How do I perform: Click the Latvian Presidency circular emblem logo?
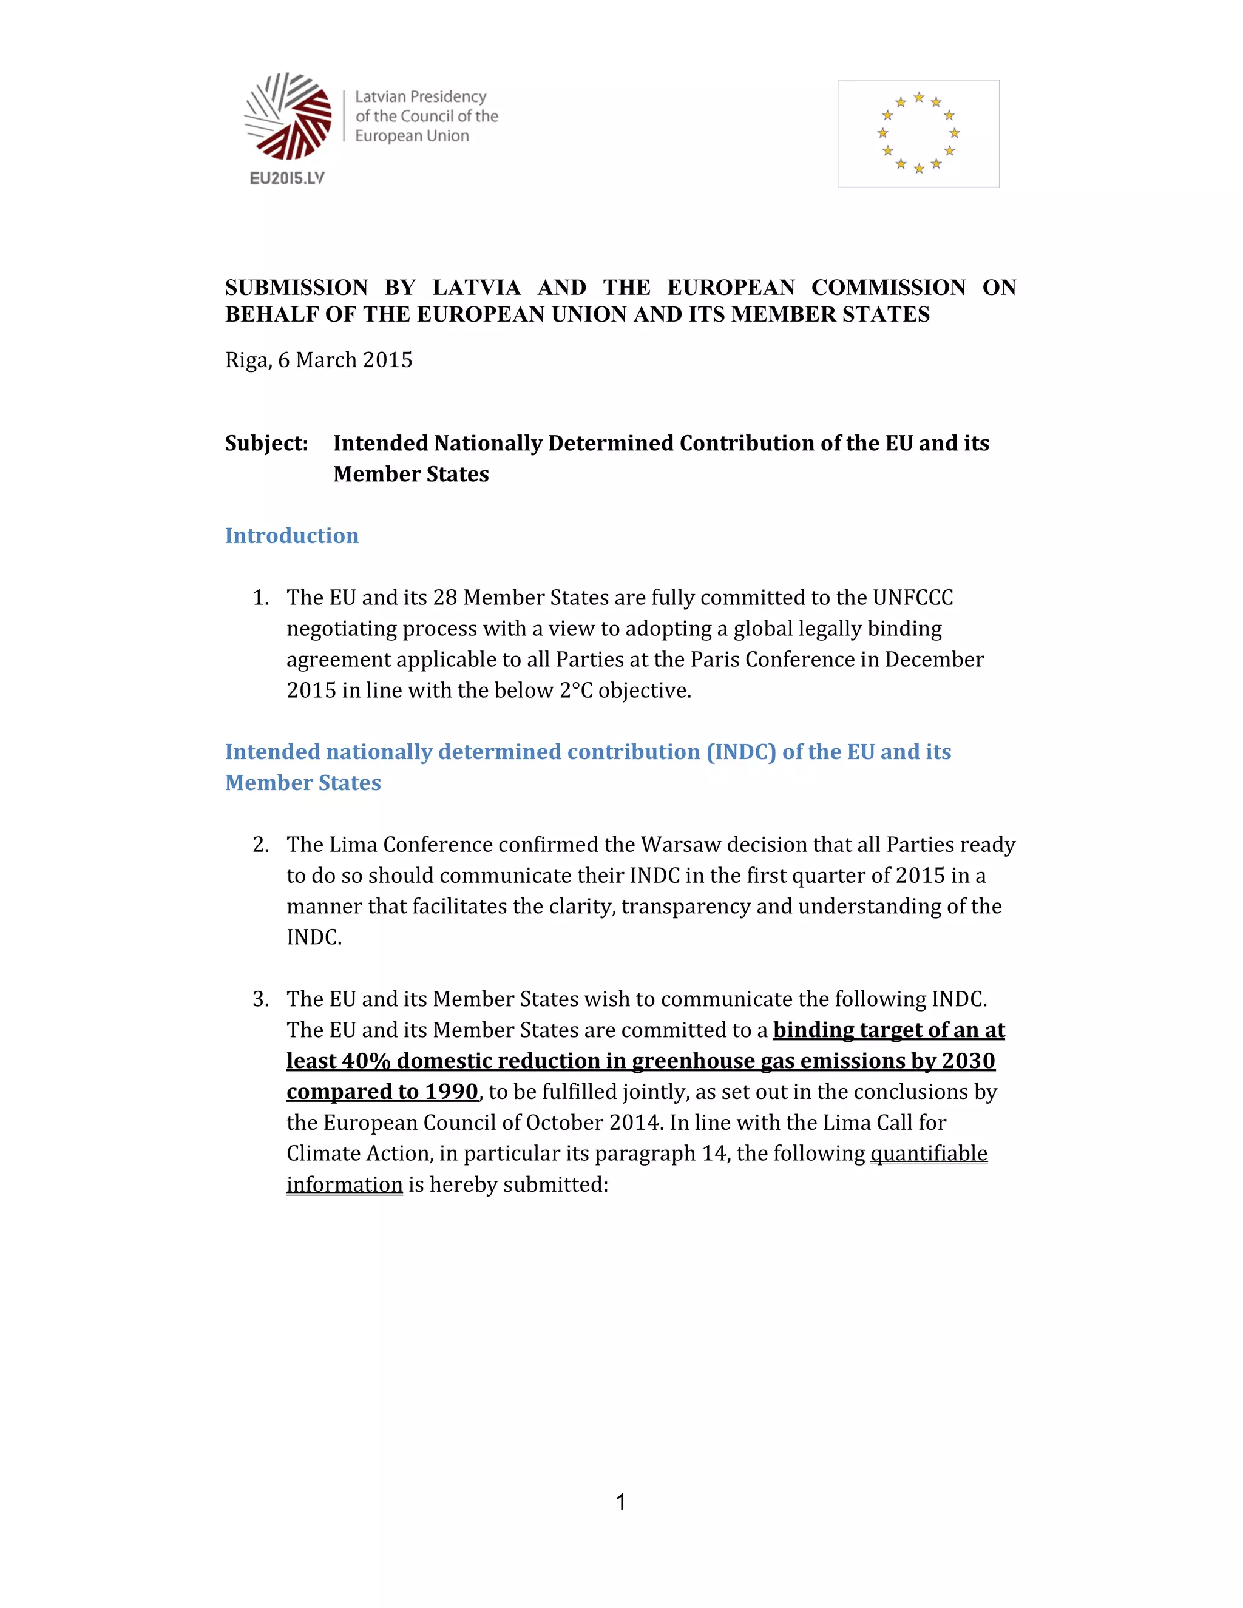point(288,117)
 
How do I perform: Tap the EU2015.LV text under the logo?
point(287,178)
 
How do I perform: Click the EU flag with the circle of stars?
point(918,133)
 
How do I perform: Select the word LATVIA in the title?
point(476,287)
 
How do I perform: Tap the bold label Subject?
point(266,443)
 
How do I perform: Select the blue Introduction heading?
point(291,535)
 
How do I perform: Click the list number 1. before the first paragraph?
point(260,597)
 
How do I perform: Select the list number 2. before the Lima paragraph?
point(260,845)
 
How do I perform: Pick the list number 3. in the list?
point(260,999)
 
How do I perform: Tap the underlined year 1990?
point(452,1092)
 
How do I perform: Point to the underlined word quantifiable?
point(928,1154)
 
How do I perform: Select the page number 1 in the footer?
point(621,1502)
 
